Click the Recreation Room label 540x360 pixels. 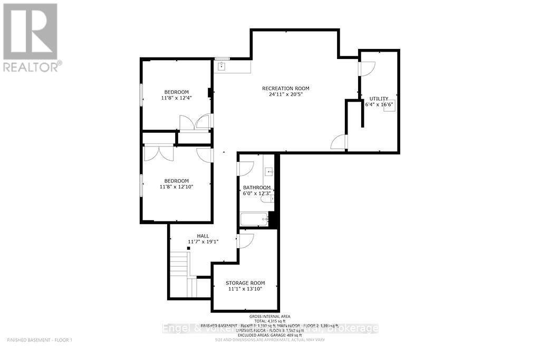pyautogui.click(x=285, y=88)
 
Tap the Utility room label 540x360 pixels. pyautogui.click(x=379, y=99)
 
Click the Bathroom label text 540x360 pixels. pyautogui.click(x=256, y=188)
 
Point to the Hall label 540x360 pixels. pyautogui.click(x=203, y=236)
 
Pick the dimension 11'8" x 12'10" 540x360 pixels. pyautogui.click(x=176, y=186)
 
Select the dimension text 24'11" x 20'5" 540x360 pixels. pyautogui.click(x=285, y=95)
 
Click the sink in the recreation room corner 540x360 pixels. pyautogui.click(x=222, y=66)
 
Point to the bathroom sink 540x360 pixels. pyautogui.click(x=269, y=171)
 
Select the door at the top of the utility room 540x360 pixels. pyautogui.click(x=366, y=68)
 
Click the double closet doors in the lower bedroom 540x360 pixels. pyautogui.click(x=159, y=153)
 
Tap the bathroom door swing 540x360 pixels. pyautogui.click(x=246, y=168)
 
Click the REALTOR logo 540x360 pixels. pyautogui.click(x=30, y=37)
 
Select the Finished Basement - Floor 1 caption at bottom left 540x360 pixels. pyautogui.click(x=39, y=340)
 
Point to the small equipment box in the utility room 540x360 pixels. pyautogui.click(x=393, y=104)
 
